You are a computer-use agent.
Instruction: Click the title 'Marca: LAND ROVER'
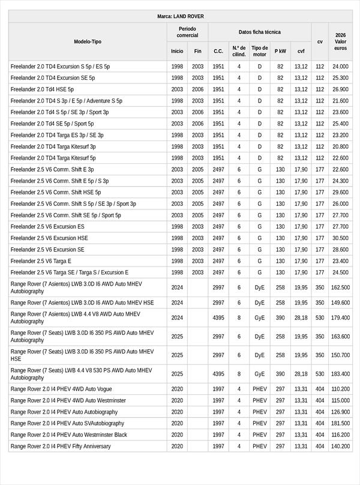(180, 16)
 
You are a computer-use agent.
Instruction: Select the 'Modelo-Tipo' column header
(88, 41)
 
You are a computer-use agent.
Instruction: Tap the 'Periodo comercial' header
(187, 32)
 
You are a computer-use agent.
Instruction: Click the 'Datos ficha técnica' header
(259, 32)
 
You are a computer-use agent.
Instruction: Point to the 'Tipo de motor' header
(260, 51)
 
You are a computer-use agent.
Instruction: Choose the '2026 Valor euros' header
(340, 41)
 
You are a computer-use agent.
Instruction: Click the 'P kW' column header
(280, 51)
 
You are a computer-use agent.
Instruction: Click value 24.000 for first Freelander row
(340, 67)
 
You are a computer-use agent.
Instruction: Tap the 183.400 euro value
(340, 374)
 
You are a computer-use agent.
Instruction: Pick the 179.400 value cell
(340, 318)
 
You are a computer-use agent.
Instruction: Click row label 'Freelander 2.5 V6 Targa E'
(41, 261)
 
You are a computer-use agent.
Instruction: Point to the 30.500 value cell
(340, 238)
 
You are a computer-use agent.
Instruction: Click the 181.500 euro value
(340, 423)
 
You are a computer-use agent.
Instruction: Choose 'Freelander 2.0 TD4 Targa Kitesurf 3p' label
(53, 146)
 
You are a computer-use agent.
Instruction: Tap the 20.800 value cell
(340, 146)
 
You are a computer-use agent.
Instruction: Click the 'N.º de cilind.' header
(239, 51)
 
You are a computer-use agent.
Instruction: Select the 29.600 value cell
(340, 193)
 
